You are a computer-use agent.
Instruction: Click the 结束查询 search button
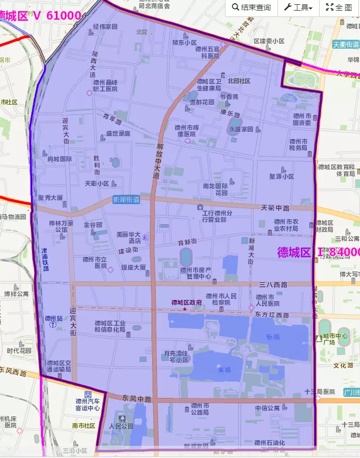[x=251, y=7]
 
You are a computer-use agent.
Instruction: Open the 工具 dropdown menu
[x=298, y=7]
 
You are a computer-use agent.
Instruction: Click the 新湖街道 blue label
[x=126, y=200]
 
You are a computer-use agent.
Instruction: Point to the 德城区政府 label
[x=187, y=302]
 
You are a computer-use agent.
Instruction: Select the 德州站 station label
[x=53, y=319]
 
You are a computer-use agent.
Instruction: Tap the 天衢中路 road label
[x=275, y=207]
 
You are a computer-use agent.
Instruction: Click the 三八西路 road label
[x=273, y=284]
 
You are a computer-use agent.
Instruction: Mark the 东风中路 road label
[x=137, y=398]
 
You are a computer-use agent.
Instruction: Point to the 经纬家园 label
[x=105, y=26]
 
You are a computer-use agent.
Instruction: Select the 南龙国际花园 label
[x=215, y=190]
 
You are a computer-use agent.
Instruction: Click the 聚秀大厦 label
[x=51, y=198]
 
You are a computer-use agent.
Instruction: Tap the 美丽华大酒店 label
[x=128, y=237]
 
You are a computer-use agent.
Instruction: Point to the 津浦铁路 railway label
[x=45, y=259]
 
